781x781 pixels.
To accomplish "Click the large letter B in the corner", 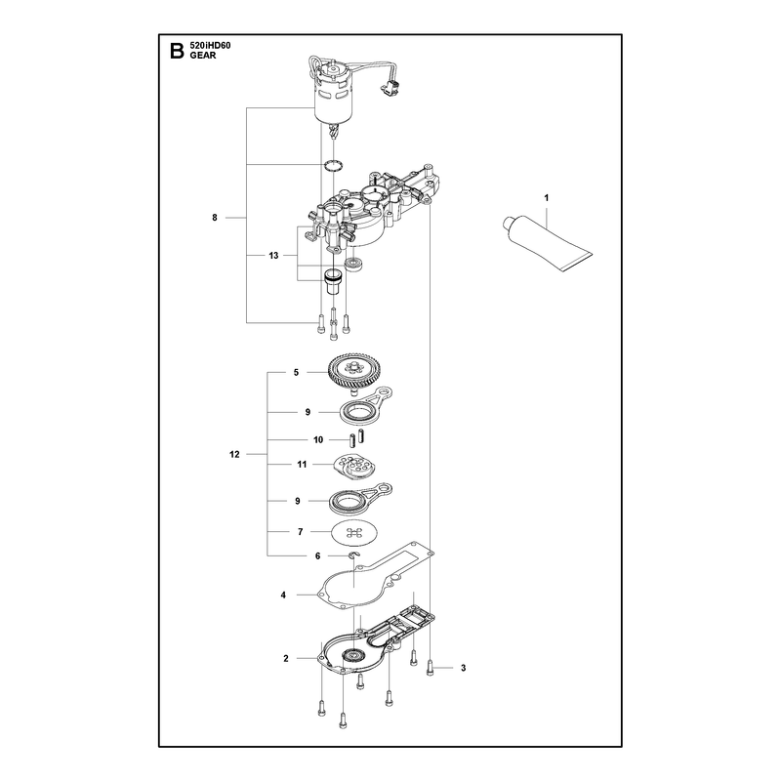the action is tap(177, 51).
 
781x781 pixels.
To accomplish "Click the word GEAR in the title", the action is tap(203, 56).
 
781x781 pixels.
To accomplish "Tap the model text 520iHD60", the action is tap(210, 46).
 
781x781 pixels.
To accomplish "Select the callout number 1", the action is tap(547, 198).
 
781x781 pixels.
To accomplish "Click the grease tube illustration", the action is tap(547, 242).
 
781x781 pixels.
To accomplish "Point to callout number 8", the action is tap(215, 218).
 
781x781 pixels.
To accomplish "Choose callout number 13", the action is tap(273, 256).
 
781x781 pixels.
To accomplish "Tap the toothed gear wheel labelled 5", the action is tap(351, 371).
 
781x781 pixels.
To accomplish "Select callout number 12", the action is tap(234, 454).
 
